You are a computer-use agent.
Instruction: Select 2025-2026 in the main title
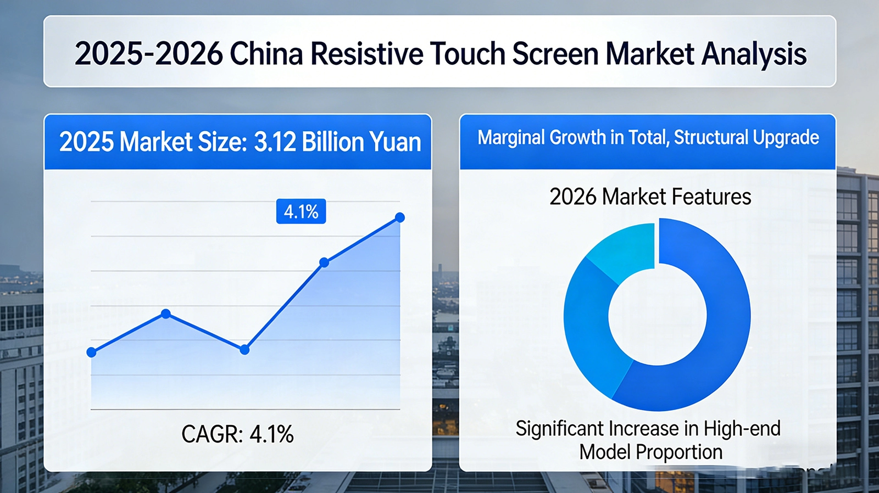coord(148,54)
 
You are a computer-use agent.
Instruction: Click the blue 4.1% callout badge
coord(301,211)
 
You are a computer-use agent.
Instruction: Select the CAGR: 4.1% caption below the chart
coord(237,434)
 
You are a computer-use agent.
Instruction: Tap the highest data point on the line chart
coord(400,218)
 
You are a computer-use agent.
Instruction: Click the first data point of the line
coord(92,352)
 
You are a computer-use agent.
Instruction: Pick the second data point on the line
coord(166,314)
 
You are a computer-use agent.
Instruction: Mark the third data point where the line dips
coord(245,350)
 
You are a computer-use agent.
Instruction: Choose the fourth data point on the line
coord(324,263)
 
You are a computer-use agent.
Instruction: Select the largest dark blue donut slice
coord(714,329)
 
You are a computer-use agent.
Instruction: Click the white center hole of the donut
coord(657,316)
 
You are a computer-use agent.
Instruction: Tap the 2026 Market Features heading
coord(650,197)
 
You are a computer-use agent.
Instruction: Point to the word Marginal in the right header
coord(510,137)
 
